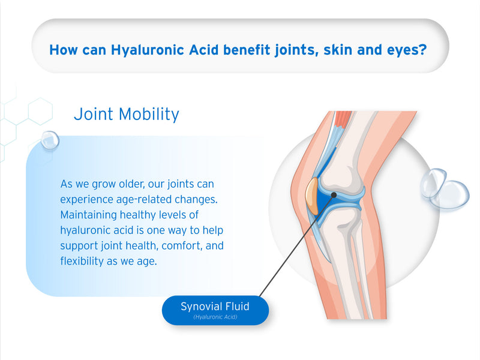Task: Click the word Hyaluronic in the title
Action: [147, 50]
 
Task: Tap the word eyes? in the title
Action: [407, 50]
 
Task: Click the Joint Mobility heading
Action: [127, 114]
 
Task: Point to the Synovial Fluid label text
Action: [215, 306]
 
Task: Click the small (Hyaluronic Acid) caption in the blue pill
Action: [215, 317]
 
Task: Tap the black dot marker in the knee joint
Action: [334, 194]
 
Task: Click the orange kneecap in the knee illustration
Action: [312, 196]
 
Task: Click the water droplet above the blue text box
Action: [50, 140]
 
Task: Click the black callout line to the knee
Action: [296, 245]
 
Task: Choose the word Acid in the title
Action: [203, 50]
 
